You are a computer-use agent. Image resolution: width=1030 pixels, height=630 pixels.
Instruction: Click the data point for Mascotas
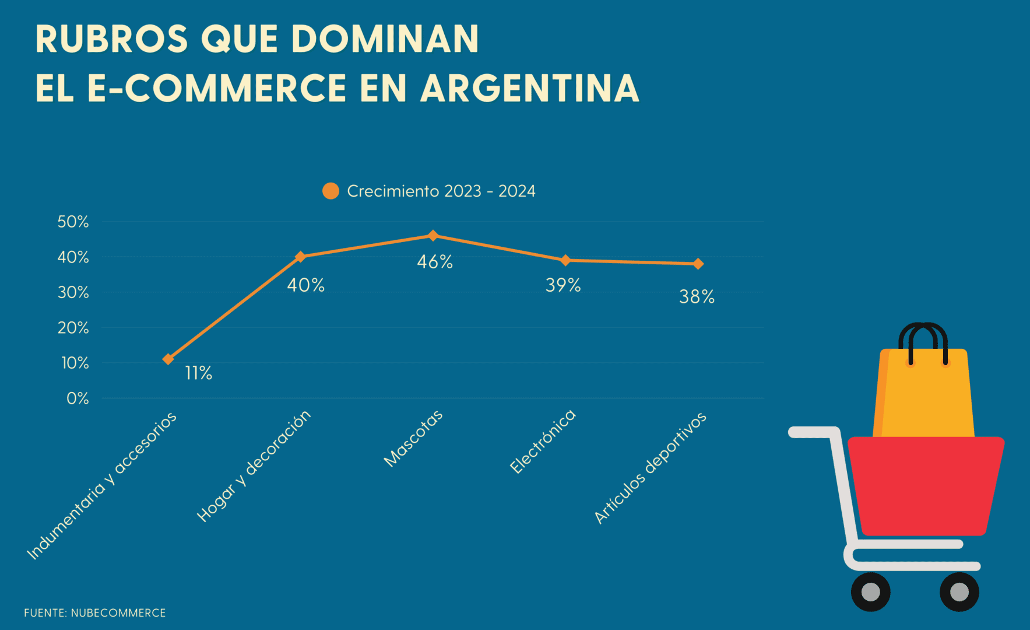coord(433,236)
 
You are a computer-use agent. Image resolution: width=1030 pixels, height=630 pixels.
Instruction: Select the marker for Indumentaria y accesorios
coord(168,359)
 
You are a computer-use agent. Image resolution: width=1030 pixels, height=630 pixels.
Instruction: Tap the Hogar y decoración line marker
coord(301,257)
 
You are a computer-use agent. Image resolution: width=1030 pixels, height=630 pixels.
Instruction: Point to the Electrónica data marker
coord(565,260)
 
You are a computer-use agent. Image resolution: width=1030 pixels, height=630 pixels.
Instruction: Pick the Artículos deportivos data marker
coord(698,264)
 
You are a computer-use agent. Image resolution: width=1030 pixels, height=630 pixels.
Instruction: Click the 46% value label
coord(435,262)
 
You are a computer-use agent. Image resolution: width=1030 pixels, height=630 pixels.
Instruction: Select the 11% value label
coord(198,373)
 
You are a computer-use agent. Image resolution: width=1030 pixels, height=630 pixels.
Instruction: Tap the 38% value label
coord(697,297)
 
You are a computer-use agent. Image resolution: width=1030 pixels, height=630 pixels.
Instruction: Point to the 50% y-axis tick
coord(73,222)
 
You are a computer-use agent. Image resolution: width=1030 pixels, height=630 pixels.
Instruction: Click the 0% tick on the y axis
coord(78,398)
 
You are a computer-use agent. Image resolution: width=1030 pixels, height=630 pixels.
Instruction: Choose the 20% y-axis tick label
coord(73,328)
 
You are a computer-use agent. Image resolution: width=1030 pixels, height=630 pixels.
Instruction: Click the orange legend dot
coord(331,191)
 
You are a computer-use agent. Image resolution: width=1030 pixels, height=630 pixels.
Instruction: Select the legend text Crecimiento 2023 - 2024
coord(441,191)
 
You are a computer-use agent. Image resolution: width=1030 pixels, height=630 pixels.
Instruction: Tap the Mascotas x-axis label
coord(413,439)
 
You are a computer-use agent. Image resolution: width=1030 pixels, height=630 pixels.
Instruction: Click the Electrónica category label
coord(543,442)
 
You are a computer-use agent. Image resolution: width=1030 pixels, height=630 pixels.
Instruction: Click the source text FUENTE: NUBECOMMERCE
coord(95,613)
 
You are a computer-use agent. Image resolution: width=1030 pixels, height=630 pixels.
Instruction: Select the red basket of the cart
coord(925,484)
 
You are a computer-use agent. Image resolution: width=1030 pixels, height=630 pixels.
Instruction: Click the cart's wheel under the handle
coord(870,591)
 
